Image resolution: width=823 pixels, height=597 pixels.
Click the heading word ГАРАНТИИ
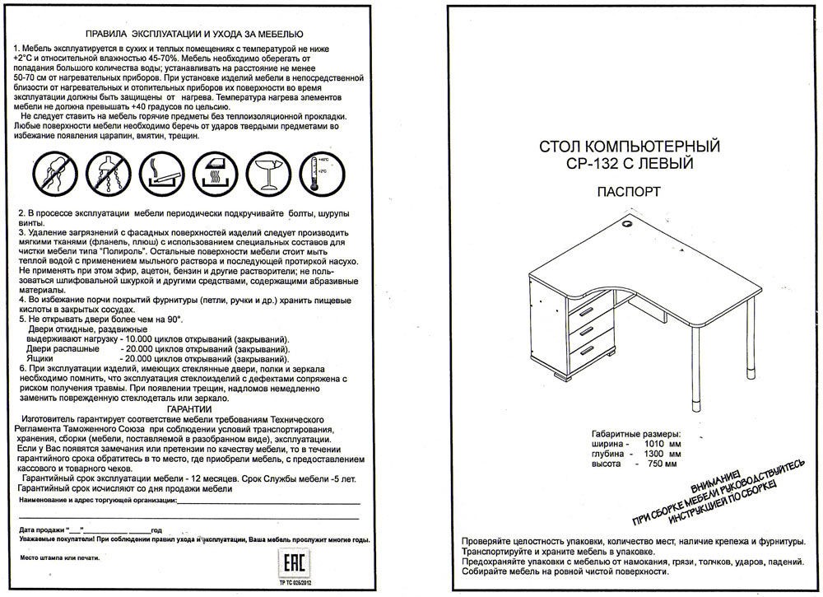188,409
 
